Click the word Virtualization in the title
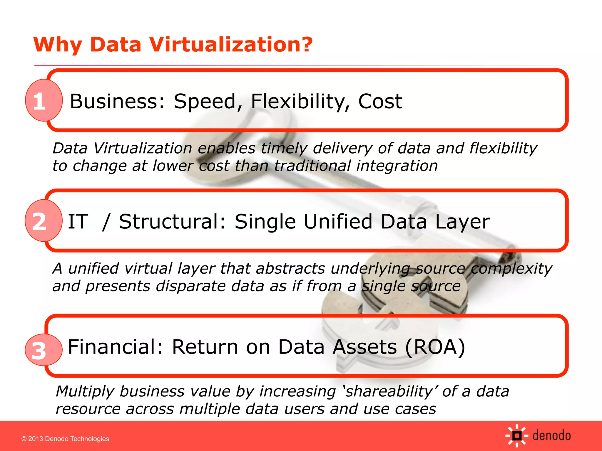[231, 45]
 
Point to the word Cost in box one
[380, 101]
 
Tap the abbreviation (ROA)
[435, 347]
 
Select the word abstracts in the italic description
[290, 268]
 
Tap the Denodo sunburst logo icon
[517, 436]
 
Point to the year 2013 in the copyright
[36, 439]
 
